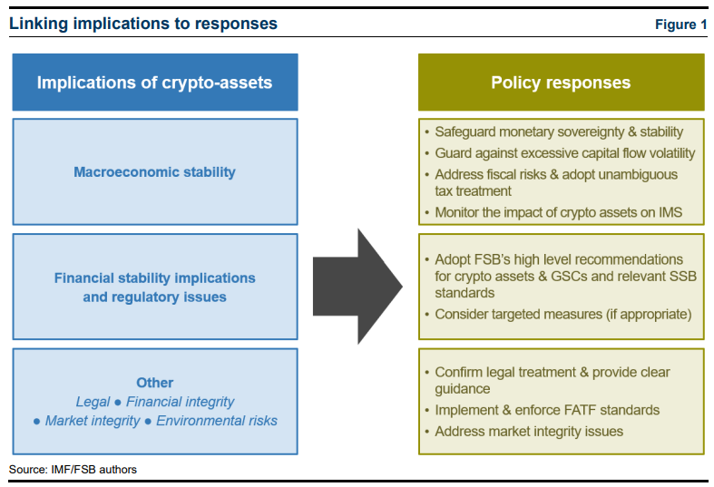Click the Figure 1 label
tap(680, 24)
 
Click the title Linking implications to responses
tap(143, 24)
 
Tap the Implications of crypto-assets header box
tap(154, 83)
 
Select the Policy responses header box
tap(561, 83)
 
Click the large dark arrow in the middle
tap(357, 287)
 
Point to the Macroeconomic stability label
tap(154, 171)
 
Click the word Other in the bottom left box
tap(155, 383)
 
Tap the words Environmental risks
tap(217, 421)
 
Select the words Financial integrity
tap(180, 402)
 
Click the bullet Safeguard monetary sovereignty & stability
tap(558, 131)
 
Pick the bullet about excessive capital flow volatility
tap(564, 153)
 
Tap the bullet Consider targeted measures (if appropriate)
tap(563, 314)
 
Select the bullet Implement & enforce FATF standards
tap(547, 410)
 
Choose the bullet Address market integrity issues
tap(529, 431)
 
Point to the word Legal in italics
tap(93, 402)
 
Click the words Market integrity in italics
tap(93, 421)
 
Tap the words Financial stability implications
tap(154, 278)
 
